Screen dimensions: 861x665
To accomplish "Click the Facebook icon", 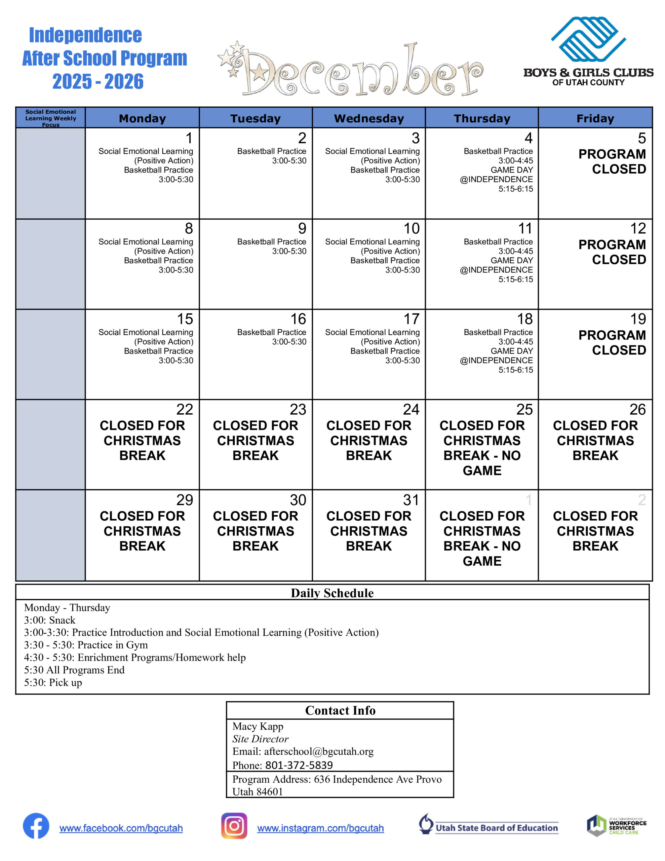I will click(36, 826).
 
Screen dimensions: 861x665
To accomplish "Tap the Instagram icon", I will click(234, 826).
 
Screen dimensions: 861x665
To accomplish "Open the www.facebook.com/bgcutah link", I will click(121, 828).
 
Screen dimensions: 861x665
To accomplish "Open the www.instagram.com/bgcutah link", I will click(320, 828).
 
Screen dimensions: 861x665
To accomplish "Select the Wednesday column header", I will click(368, 118).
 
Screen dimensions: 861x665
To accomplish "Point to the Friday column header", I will click(595, 118).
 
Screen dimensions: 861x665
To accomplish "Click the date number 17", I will click(411, 319).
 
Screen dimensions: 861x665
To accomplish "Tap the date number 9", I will click(302, 229).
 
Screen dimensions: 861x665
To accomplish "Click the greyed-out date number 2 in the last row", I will click(642, 500).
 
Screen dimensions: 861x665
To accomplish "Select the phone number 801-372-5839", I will click(299, 765).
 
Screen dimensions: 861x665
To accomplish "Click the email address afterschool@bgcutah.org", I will click(318, 751).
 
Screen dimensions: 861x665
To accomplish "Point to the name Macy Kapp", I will click(258, 726).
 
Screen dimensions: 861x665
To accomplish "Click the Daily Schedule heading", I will click(332, 593).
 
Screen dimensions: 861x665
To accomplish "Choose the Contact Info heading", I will click(340, 710).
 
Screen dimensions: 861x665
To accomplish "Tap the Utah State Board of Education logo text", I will click(496, 828).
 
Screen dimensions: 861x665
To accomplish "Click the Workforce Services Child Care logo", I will click(616, 826).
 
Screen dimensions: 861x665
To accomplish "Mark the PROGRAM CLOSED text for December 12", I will click(612, 252).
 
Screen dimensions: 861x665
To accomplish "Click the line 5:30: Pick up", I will click(53, 682).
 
